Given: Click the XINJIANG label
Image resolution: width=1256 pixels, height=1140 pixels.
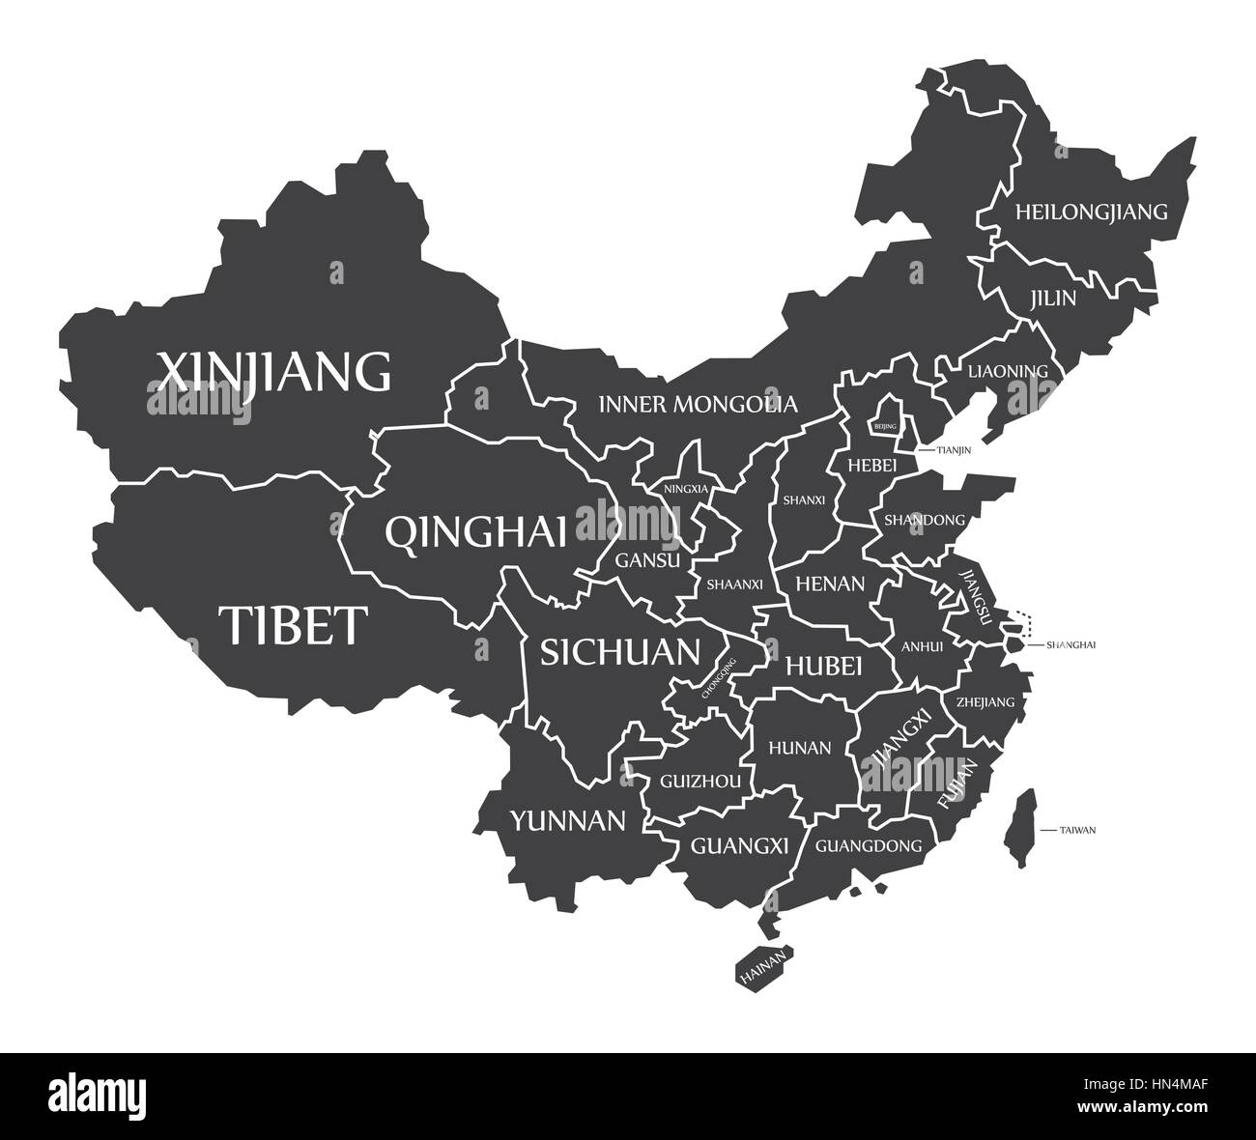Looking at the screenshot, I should (274, 371).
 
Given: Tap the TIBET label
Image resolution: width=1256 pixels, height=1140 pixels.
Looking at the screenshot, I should (293, 625).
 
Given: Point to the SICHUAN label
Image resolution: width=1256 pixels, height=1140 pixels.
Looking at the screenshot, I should (619, 652).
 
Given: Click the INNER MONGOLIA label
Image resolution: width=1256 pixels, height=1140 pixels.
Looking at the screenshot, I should (698, 404).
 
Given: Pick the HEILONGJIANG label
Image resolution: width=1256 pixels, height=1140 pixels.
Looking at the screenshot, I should (1091, 211).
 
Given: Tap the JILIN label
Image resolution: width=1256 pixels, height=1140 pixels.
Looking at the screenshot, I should (1052, 298).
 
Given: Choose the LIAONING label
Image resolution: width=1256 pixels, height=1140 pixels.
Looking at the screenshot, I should (1008, 371).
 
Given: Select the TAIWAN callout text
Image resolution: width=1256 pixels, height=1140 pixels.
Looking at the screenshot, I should (1077, 830).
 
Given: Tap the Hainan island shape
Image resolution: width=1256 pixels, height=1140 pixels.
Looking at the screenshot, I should (764, 967).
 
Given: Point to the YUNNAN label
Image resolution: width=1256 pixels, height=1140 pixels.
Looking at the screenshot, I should (567, 821).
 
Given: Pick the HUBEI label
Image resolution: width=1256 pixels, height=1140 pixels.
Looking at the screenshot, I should (823, 665).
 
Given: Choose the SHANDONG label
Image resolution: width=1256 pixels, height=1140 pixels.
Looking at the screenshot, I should (924, 520).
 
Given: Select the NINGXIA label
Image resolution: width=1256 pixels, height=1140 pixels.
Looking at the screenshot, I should (686, 489).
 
